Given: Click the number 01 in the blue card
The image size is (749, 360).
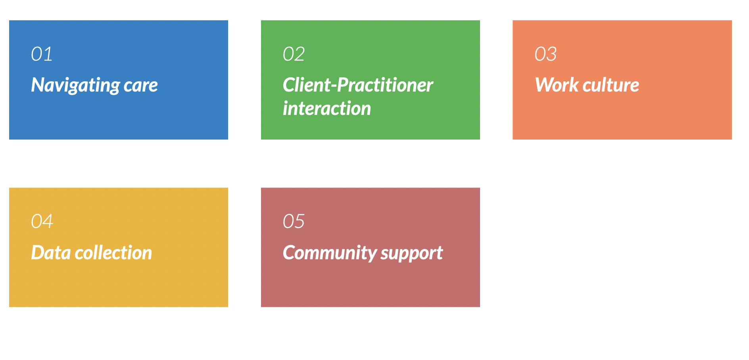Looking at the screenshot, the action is pos(42,54).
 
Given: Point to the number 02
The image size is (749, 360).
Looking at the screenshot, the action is pos(294,54).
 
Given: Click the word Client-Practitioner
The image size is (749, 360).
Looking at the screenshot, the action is pos(358,85).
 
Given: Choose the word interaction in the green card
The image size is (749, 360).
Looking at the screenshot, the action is pos(327,108).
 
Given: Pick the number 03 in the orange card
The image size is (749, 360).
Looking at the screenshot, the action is pos(545,54).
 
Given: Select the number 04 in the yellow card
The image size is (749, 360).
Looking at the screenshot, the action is pos(42,221).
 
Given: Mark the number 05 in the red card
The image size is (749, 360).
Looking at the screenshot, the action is pos(294,221).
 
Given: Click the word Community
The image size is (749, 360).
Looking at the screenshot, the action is pos(329,253).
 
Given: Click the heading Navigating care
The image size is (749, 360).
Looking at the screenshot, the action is pos(94,85).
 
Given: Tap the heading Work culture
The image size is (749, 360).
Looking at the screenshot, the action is pos(587,85).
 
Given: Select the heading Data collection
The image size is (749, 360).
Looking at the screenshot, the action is pos(92,253).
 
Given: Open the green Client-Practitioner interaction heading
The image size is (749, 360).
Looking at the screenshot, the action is pos(358,97).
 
